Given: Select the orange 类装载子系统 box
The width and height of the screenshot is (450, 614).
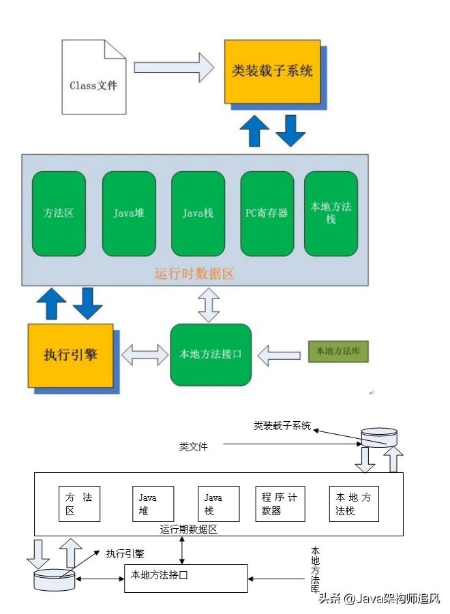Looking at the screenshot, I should [x=272, y=70].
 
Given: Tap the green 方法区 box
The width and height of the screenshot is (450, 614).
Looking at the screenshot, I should [x=59, y=213].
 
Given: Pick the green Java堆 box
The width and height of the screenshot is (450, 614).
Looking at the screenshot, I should [x=128, y=213].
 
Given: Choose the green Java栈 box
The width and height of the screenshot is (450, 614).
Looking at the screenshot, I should [x=198, y=213].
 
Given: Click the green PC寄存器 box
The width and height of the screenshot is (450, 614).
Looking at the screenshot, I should [x=267, y=213].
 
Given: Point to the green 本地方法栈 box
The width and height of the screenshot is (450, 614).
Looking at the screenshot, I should [x=331, y=213].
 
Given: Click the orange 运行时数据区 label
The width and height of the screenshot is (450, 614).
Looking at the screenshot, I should [x=194, y=275].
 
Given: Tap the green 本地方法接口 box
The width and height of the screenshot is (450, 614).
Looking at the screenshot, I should [x=211, y=354].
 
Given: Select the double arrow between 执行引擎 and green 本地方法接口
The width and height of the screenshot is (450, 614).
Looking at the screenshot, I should [x=145, y=354].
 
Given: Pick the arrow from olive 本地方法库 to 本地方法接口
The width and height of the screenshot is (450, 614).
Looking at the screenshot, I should [x=279, y=354].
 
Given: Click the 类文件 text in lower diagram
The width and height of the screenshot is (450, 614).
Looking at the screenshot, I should [x=193, y=447].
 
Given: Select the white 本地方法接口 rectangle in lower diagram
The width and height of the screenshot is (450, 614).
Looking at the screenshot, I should [x=185, y=578].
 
